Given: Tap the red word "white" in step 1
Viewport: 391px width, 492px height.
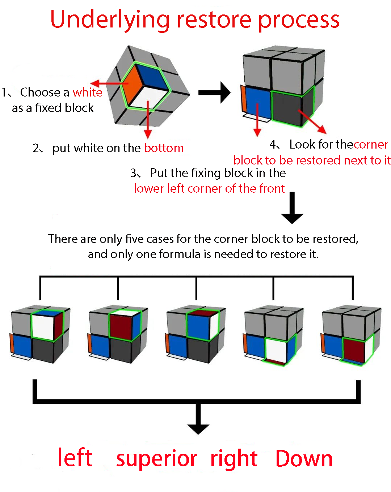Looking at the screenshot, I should pos(87,93).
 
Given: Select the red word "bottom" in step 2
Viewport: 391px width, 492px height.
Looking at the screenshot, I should pos(164,148).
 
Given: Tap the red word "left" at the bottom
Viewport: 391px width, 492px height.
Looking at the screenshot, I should pos(75,458).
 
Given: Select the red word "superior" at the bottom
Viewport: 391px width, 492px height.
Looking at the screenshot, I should pos(156,458).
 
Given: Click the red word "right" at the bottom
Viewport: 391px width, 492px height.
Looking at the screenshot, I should pos(234,458).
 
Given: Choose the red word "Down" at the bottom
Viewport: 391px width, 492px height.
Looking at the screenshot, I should pos(304,458).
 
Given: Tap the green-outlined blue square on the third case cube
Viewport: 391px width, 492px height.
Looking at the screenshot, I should pos(198,327).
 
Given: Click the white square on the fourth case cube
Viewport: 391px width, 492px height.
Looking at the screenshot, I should pos(276,350).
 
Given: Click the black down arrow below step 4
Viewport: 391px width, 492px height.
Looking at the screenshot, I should pos(292,208).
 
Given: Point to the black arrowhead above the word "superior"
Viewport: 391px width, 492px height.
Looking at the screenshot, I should pos(198,428).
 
